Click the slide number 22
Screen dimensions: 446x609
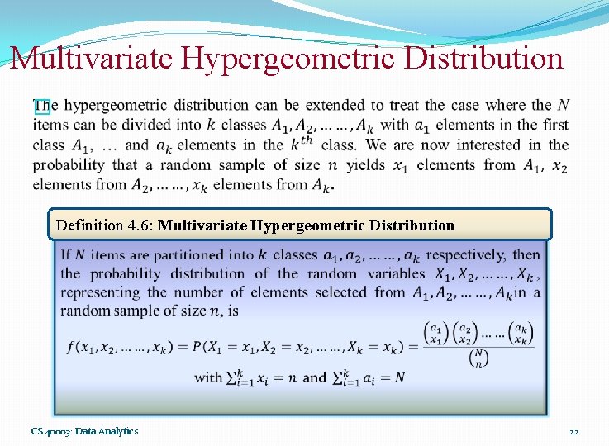pyautogui.click(x=574, y=431)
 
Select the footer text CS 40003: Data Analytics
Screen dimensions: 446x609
pyautogui.click(x=85, y=431)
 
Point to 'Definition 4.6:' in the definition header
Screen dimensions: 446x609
pyautogui.click(x=105, y=225)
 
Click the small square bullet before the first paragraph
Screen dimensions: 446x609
pyautogui.click(x=41, y=107)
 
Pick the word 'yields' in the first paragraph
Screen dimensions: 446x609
pyautogui.click(x=366, y=165)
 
